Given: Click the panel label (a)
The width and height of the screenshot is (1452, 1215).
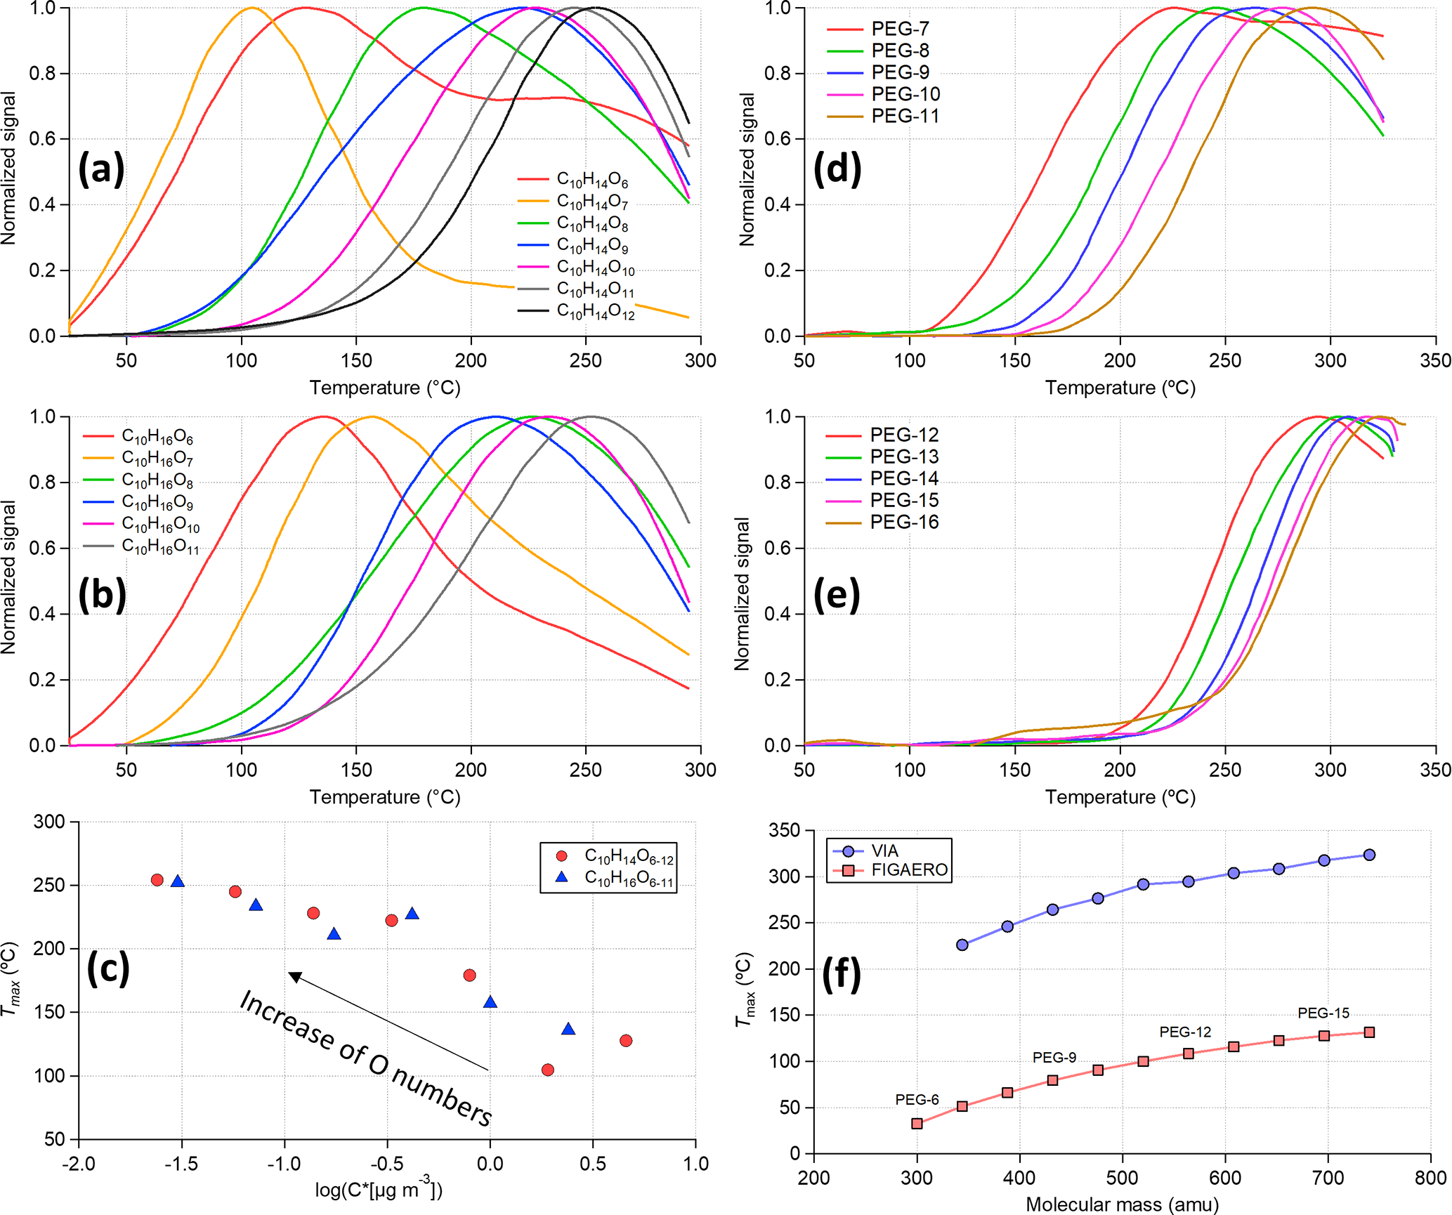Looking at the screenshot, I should [101, 169].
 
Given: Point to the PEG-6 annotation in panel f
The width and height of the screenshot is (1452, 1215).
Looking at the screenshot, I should [917, 1100].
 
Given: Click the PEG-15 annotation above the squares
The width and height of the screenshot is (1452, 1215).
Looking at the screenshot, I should [1323, 1013].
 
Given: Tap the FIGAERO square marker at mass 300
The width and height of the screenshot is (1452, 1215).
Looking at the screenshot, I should [917, 1124].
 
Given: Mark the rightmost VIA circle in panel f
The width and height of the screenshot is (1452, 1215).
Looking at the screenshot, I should [1369, 855].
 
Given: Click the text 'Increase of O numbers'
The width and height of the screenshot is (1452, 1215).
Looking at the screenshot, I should [365, 1058].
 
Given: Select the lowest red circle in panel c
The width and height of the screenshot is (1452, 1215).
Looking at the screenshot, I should [548, 1070].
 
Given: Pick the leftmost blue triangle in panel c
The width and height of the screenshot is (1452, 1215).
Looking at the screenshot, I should [178, 881].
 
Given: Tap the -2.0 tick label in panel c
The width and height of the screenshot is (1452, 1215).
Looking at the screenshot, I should [79, 1164].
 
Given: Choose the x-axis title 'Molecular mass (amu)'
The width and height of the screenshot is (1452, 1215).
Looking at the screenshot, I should [1122, 1204].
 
